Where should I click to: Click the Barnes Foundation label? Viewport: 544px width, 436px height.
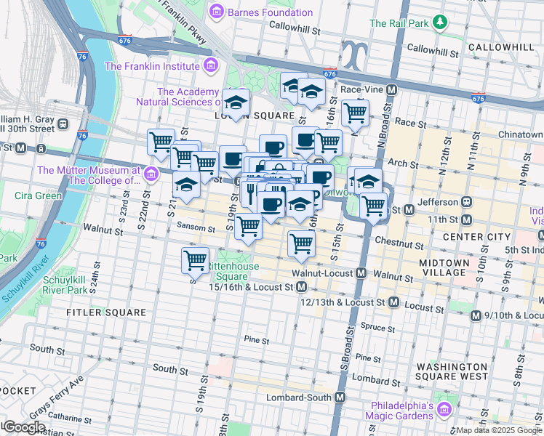270,12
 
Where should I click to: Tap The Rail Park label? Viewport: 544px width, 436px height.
399,23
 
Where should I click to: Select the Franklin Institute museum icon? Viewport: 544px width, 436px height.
211,66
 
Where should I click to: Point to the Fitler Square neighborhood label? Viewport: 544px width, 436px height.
97,312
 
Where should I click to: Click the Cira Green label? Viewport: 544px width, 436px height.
39,195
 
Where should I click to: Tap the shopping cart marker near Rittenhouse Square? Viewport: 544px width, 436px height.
195,259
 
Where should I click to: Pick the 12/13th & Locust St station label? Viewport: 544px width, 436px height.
342,302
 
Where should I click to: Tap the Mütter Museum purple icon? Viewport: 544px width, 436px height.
151,174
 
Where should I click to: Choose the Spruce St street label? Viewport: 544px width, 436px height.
377,328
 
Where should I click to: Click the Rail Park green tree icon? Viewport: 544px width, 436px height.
440,23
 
